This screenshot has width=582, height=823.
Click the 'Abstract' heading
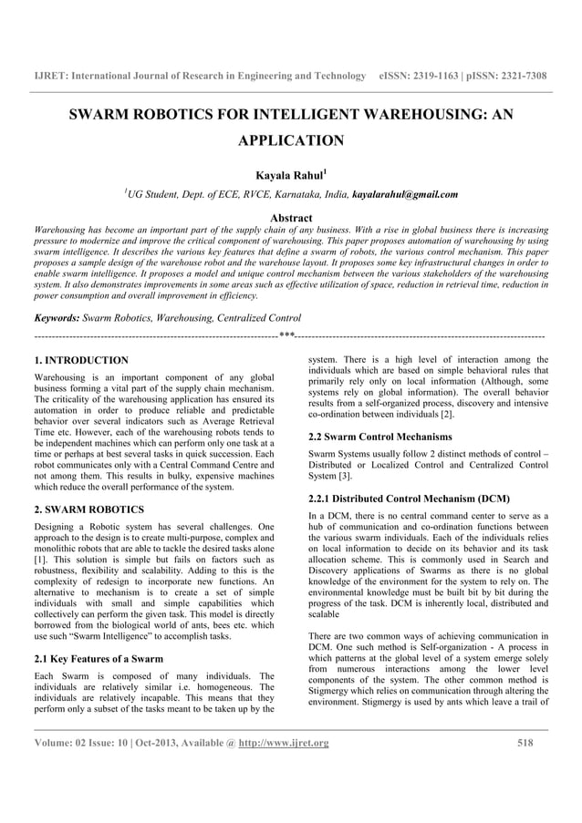(290, 218)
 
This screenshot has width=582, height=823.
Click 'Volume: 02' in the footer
(65, 743)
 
